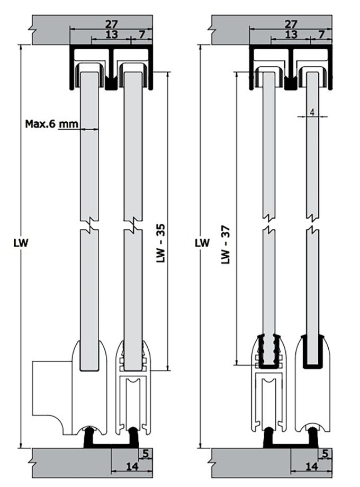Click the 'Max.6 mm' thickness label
coord(51,124)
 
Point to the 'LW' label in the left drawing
coord(22,243)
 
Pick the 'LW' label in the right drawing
coord(202,243)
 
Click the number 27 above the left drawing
coord(111,24)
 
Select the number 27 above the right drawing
coord(291,24)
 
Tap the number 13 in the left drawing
coord(111,34)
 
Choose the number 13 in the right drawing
coord(291,34)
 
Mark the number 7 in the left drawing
coord(141,34)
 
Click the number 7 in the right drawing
coord(321,34)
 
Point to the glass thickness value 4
coord(312,112)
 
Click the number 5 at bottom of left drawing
coord(146,453)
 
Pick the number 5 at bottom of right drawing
coord(326,453)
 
